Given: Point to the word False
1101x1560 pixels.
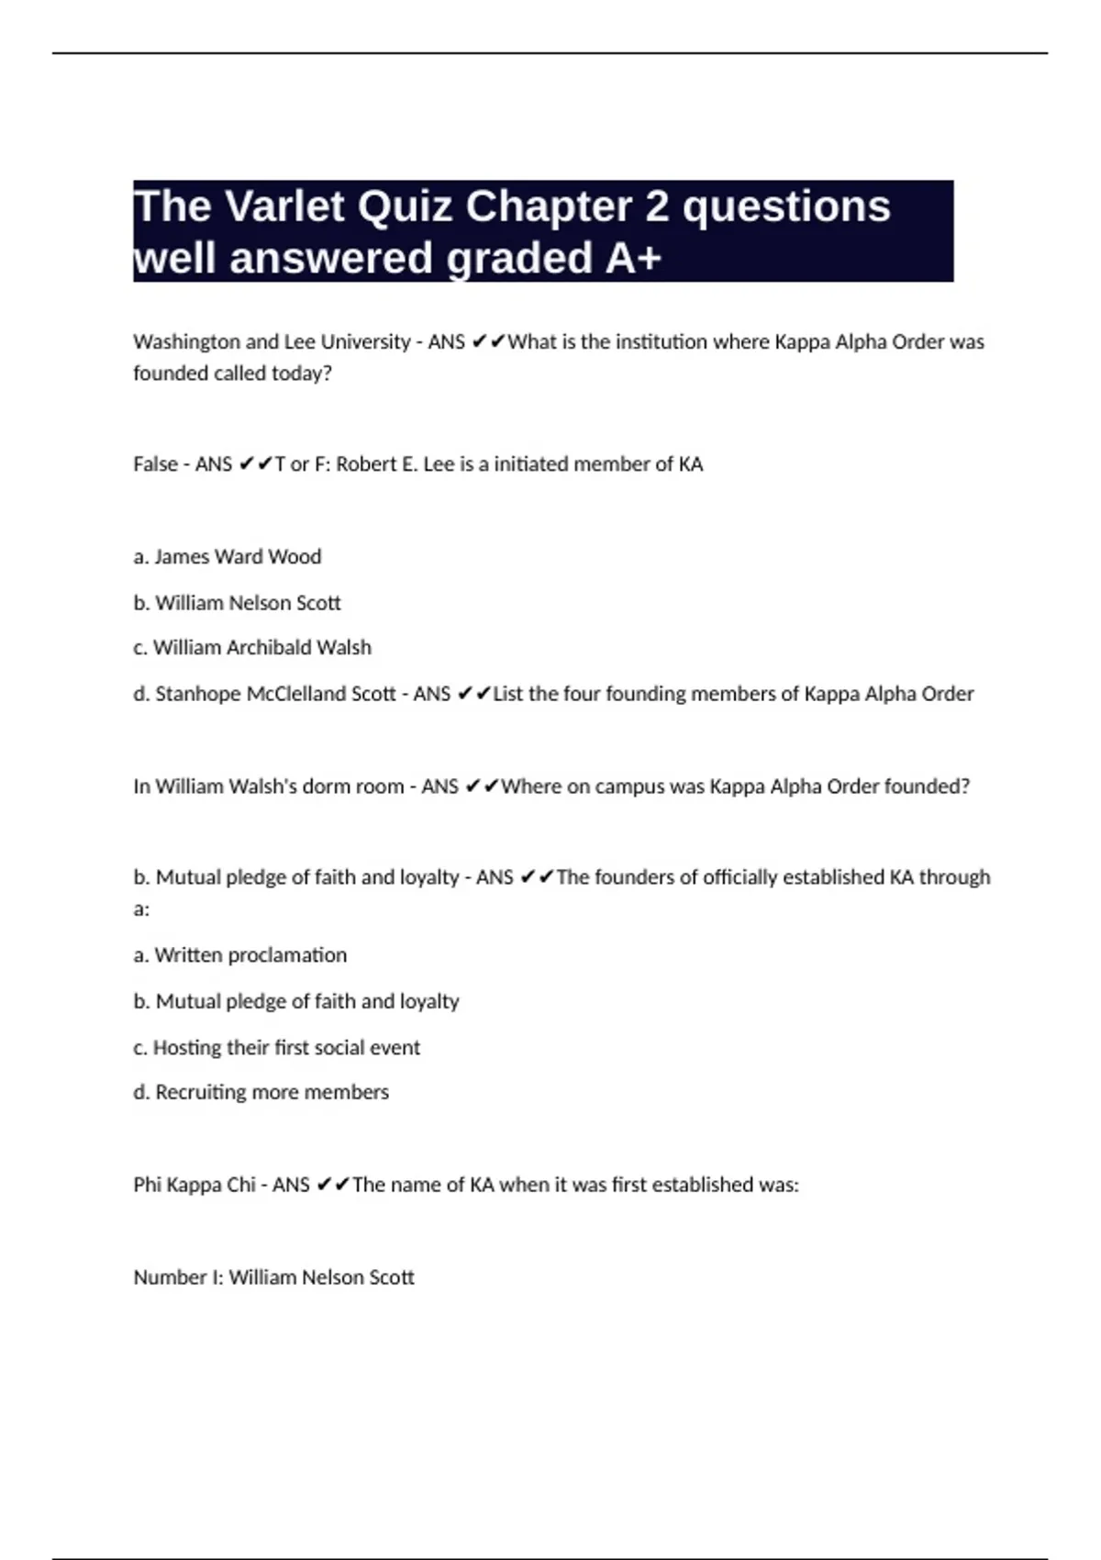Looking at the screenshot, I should click(x=155, y=464).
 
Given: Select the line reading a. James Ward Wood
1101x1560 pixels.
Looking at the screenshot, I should click(x=228, y=557).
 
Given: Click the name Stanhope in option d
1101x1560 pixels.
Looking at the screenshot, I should click(x=198, y=694).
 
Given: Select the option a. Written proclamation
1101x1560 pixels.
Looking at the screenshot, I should click(x=240, y=955).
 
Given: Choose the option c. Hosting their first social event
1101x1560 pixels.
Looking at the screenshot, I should click(x=277, y=1048).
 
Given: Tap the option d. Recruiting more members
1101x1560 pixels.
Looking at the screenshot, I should click(x=261, y=1092).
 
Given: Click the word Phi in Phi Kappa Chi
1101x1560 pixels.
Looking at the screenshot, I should click(x=148, y=1185).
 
